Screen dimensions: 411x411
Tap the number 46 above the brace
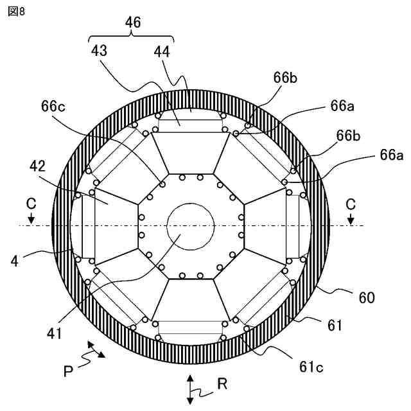pos(132,22)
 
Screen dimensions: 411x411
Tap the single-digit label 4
pos(13,261)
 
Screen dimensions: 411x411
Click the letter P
pos(68,371)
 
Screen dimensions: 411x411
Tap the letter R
pos(222,385)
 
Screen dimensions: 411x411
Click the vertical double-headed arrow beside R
pos(190,389)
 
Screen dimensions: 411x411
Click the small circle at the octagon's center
pos(190,227)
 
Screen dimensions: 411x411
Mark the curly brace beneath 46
pos(132,37)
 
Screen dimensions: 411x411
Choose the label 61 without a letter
pos(335,326)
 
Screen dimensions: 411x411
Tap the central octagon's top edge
pos(190,173)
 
